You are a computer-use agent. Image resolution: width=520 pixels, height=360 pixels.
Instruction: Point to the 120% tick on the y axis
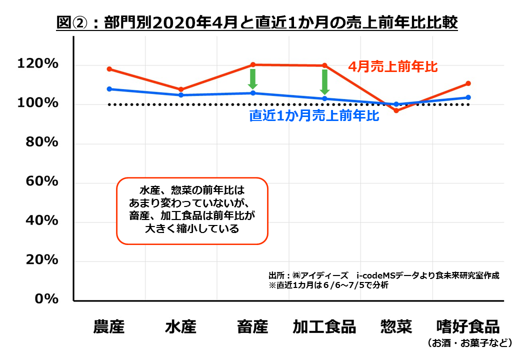[x=37, y=64]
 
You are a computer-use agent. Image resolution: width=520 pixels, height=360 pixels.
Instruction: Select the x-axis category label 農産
[x=109, y=327]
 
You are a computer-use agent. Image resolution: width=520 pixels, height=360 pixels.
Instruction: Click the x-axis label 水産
[x=180, y=327]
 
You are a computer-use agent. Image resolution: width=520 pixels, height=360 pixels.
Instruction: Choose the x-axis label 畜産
[x=252, y=327]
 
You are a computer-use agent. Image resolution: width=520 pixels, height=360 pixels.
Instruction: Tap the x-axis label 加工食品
[x=324, y=327]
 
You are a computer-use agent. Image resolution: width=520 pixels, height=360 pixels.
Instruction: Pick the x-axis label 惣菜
[x=396, y=327]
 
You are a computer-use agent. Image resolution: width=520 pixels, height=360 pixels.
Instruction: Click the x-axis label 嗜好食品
[x=468, y=327]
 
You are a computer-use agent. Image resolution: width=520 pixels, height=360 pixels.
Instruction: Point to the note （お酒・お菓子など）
[x=468, y=343]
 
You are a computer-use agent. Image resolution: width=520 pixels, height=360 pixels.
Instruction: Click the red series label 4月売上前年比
[x=393, y=66]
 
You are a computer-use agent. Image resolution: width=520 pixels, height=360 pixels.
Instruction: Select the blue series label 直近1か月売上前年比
[x=314, y=116]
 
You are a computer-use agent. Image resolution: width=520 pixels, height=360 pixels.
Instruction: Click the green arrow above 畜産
[x=253, y=78]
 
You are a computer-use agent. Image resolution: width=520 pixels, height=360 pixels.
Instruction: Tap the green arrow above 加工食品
[x=324, y=81]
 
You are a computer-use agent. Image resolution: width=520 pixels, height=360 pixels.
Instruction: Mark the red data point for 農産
[x=109, y=69]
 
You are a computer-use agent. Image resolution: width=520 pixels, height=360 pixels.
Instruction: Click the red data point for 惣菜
[x=396, y=110]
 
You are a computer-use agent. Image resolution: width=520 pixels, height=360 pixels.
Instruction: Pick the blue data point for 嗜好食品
[x=468, y=97]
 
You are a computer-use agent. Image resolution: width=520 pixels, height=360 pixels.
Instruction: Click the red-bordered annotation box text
[x=192, y=210]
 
